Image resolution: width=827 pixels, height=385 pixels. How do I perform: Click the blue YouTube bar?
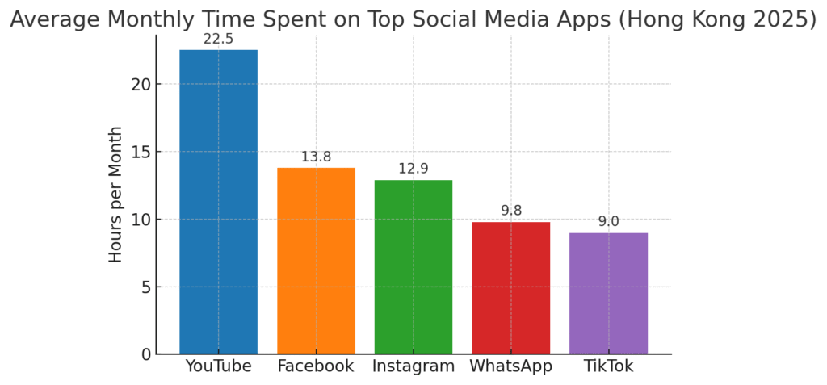pos(218,202)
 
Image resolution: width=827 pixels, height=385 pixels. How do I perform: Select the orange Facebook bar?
pos(316,261)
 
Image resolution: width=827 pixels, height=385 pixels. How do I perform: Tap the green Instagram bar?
pos(413,266)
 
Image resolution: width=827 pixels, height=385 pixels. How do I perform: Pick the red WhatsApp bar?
pos(510,287)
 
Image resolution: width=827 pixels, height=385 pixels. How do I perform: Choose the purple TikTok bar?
pos(608,293)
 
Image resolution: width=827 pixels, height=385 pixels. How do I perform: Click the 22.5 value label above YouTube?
pos(218,39)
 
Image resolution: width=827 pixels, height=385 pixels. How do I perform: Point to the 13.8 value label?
pos(316,157)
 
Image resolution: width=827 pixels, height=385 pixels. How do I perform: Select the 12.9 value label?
pos(413,169)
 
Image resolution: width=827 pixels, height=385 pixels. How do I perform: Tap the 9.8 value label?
pos(510,211)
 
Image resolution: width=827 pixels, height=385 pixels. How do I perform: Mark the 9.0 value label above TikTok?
pos(608,221)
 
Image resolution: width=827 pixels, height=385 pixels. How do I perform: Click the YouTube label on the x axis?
pos(218,366)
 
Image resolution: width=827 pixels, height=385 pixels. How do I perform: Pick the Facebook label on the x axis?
pos(316,366)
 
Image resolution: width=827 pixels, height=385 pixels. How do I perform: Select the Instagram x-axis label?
pos(413,366)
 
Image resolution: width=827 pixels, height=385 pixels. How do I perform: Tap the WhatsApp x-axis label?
pos(510,366)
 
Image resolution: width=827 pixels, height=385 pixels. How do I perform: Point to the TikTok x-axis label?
pos(608,366)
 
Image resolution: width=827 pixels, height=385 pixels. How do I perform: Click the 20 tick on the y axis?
pos(141,85)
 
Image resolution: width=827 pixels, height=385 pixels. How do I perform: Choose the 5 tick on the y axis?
pos(145,287)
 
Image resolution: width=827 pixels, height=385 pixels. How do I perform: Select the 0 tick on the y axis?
pos(145,354)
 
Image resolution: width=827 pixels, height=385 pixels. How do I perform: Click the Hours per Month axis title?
pos(116,194)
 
